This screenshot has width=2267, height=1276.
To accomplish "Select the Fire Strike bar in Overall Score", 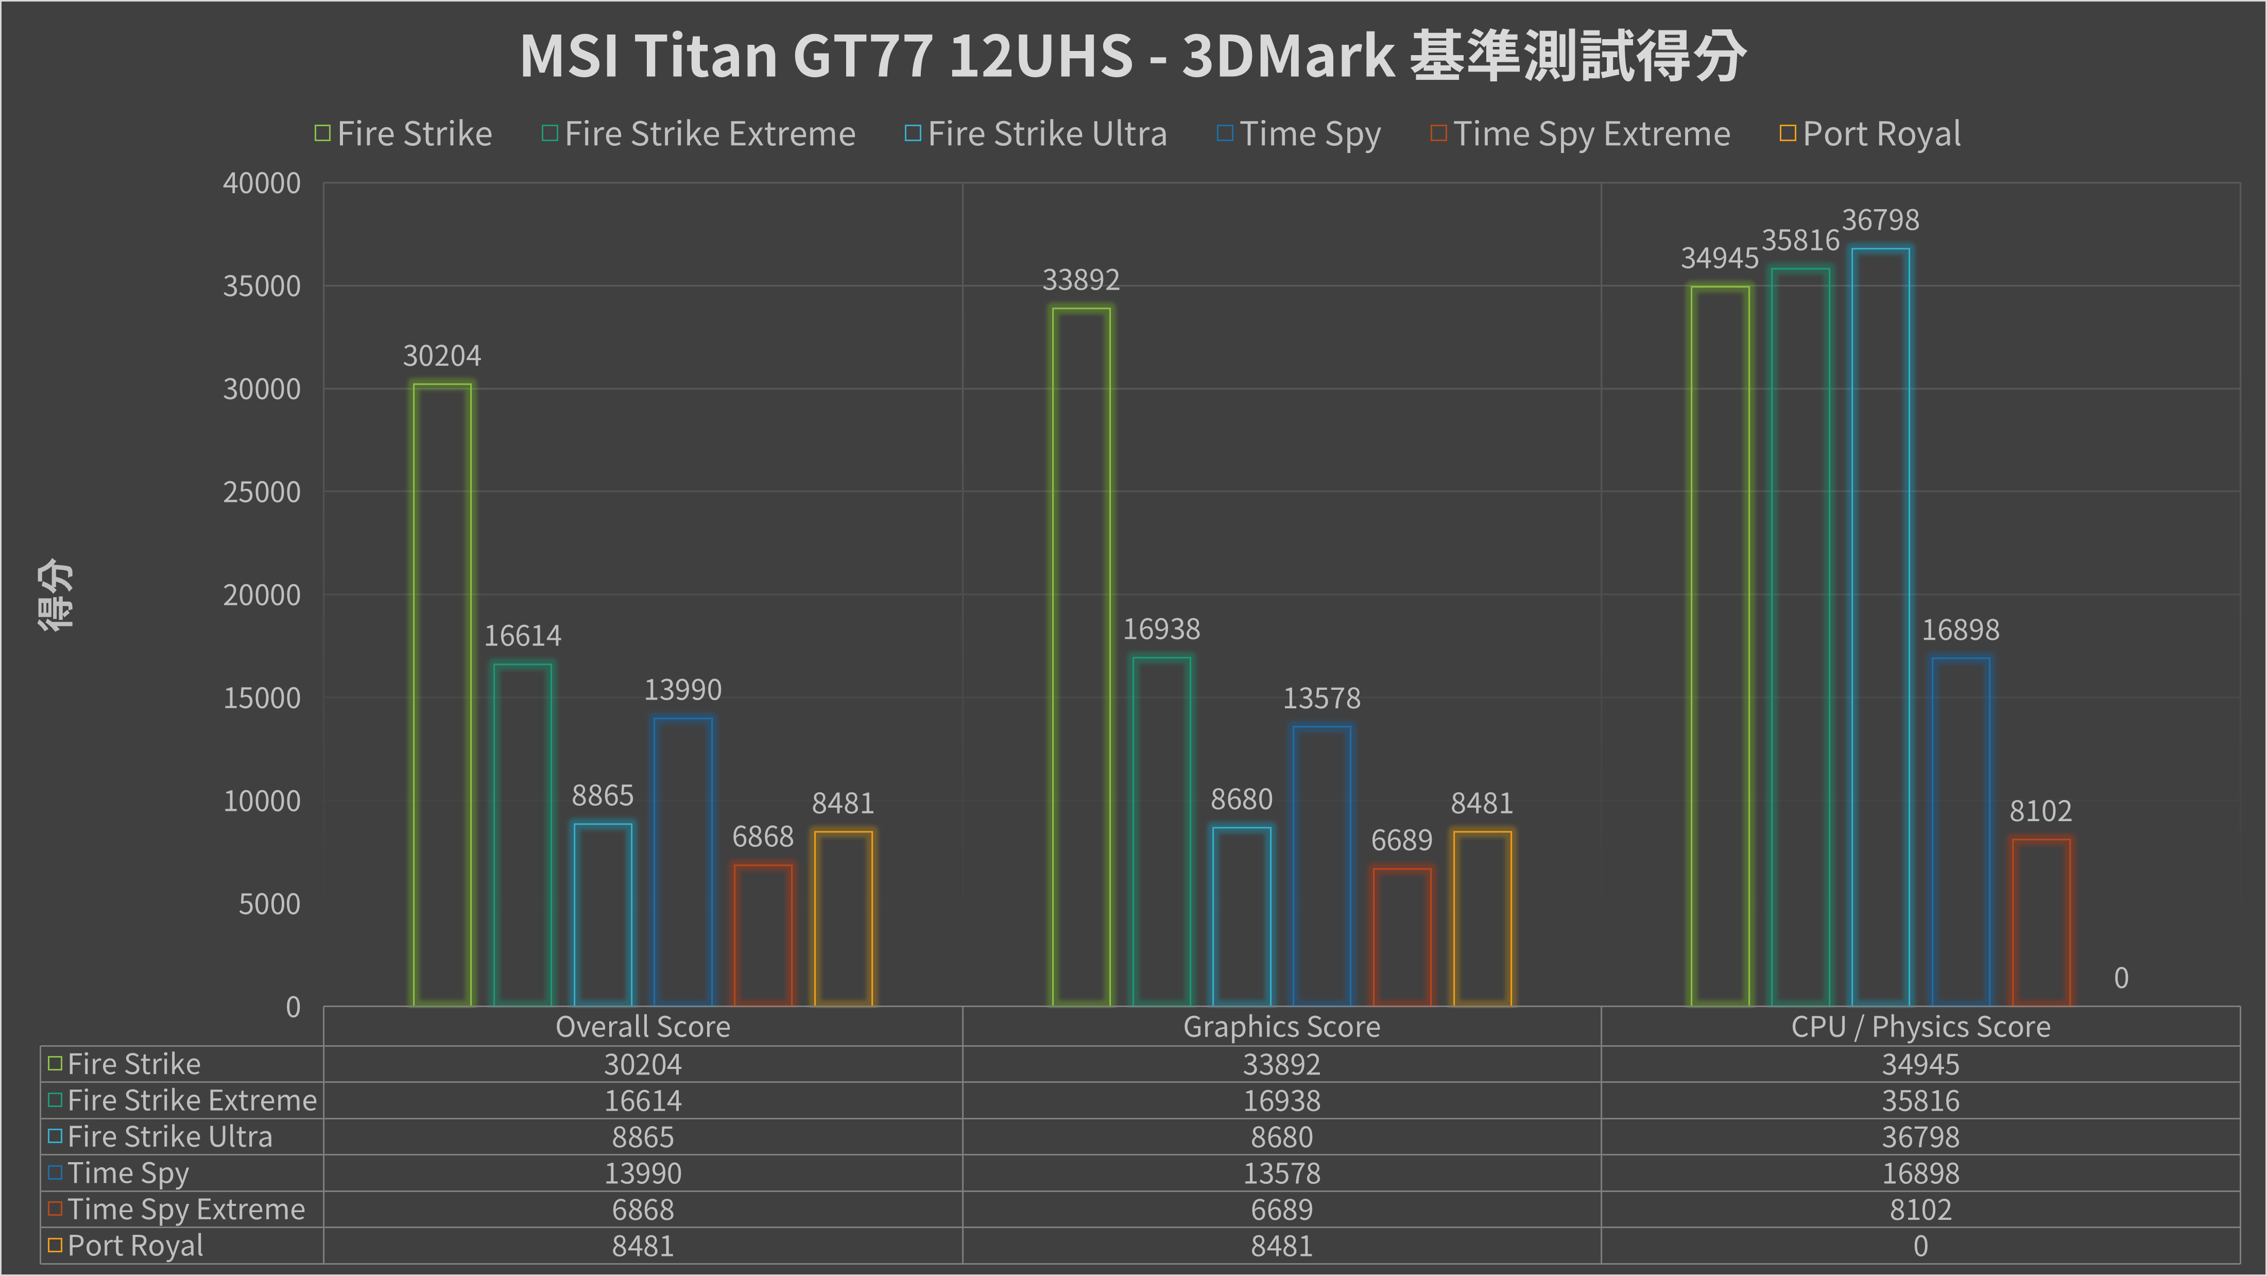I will [x=442, y=695].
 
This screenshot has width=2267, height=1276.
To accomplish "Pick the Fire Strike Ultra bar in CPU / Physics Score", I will [x=1881, y=626].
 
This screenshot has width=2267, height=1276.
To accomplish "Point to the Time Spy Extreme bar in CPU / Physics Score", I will [x=2041, y=922].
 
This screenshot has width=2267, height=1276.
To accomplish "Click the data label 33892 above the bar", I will [x=1080, y=280].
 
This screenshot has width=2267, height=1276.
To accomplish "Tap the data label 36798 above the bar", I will [x=1881, y=220].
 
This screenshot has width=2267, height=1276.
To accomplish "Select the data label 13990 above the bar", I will [x=683, y=690].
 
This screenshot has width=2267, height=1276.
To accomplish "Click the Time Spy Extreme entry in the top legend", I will [x=1591, y=134].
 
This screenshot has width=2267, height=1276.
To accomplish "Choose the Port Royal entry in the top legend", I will [x=1881, y=134].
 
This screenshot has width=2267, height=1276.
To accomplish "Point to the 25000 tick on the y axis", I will [x=262, y=492].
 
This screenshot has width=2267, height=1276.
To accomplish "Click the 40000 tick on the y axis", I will [x=262, y=183].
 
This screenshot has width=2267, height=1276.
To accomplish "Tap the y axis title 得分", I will [x=56, y=595].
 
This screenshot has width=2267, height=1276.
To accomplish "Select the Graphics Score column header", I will [x=1281, y=1027].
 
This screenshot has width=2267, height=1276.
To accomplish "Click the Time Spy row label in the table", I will [x=128, y=1173].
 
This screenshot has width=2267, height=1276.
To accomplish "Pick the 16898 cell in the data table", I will [x=1920, y=1173].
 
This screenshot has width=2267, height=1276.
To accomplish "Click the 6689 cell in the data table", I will [x=1281, y=1210].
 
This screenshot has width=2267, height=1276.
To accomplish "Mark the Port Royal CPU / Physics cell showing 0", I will [x=1920, y=1246].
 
